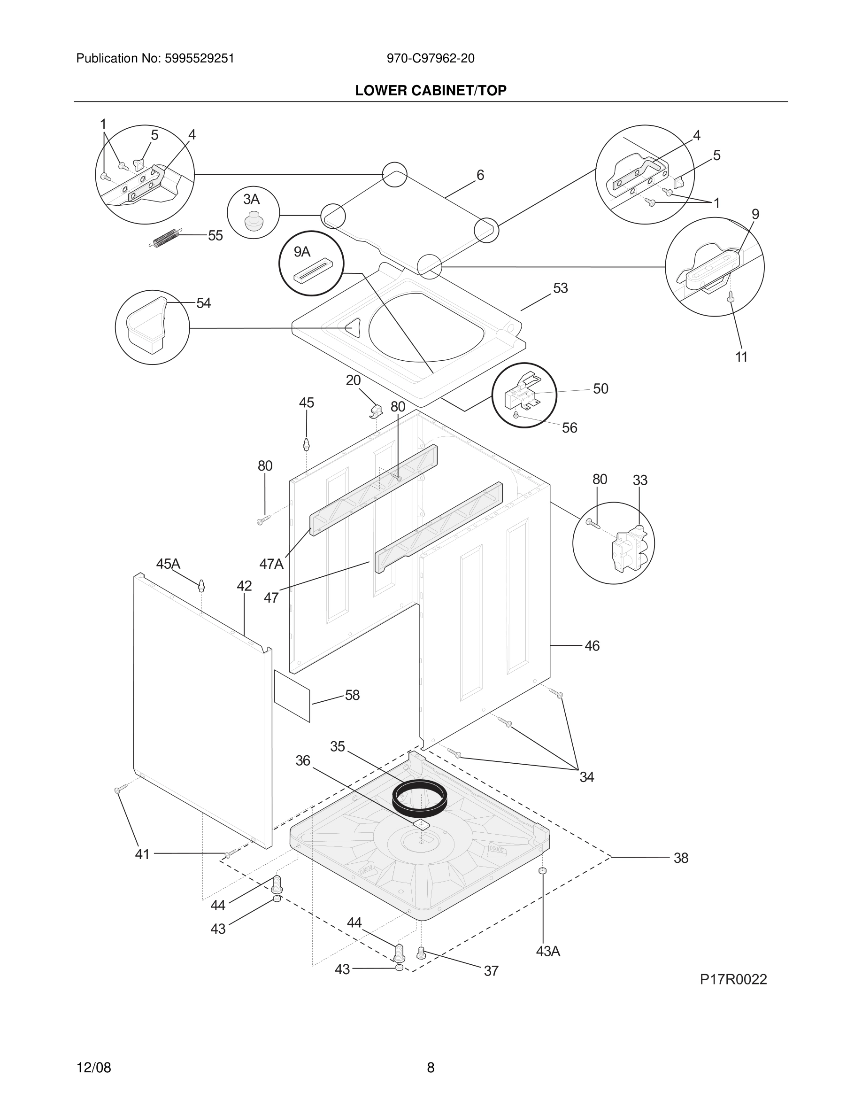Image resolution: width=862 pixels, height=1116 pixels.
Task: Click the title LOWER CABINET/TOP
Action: point(431,91)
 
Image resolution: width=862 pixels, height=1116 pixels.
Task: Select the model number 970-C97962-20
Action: point(431,59)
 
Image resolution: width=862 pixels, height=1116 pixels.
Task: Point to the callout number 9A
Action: point(302,252)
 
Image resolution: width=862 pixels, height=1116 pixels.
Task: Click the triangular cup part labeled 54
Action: point(147,325)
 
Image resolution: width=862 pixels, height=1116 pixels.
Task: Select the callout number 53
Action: point(560,288)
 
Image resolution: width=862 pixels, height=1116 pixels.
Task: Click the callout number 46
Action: point(592,646)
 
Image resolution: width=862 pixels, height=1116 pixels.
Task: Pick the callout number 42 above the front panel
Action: point(244,586)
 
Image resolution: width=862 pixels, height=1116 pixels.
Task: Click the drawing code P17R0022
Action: point(733,980)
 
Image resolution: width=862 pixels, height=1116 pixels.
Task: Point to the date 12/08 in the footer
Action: point(93,1068)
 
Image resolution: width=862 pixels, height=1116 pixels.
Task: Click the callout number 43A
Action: point(548,952)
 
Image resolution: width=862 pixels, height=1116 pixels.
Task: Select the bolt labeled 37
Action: point(421,953)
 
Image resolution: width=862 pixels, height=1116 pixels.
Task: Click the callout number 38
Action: point(681,858)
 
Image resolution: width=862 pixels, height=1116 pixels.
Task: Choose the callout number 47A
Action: point(271,564)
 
